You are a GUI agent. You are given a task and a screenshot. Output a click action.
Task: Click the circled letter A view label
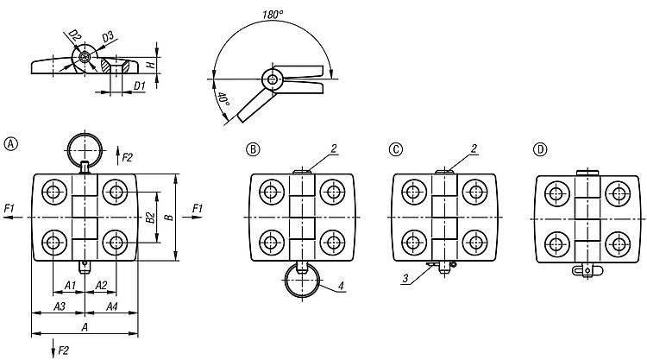(x=10, y=142)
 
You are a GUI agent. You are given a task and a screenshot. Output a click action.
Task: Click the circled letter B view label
(x=253, y=148)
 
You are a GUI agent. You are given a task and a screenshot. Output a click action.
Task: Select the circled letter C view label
(x=396, y=148)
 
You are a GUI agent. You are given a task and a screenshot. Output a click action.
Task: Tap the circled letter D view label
(x=540, y=148)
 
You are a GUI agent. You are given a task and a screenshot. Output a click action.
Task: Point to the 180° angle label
(x=275, y=15)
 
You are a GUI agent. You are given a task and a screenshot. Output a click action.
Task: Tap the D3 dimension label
(x=108, y=36)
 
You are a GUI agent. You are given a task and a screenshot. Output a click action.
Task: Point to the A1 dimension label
(x=72, y=286)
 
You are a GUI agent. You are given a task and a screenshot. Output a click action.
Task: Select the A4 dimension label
(x=111, y=306)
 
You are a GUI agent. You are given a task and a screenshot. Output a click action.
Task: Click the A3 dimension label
(x=60, y=306)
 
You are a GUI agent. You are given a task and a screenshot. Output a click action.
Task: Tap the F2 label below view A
(x=61, y=348)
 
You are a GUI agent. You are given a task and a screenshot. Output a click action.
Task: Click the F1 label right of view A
(x=198, y=208)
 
